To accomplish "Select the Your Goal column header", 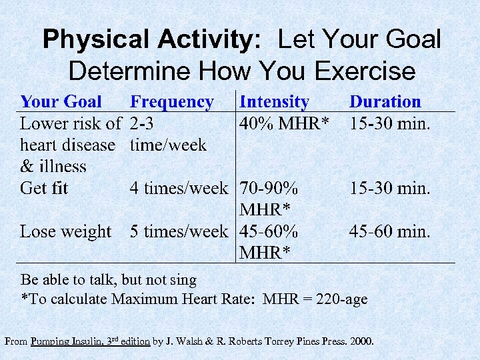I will point(61,102).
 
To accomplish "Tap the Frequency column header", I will point(172,102).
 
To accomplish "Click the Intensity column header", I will point(274,102).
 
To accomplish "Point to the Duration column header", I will point(385,102).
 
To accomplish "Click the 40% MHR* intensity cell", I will point(285,124).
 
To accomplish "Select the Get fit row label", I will point(44,189).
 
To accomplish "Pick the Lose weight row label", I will point(66,232).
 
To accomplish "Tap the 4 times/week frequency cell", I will point(179,189).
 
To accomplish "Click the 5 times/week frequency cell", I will point(179,232).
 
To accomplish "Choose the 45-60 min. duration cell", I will point(390,232).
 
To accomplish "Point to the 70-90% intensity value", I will point(269,189).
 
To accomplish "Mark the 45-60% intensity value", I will point(269,232).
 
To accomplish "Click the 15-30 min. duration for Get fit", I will point(390,189).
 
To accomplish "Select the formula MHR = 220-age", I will point(315,299).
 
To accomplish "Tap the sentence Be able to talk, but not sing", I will point(109,280).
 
